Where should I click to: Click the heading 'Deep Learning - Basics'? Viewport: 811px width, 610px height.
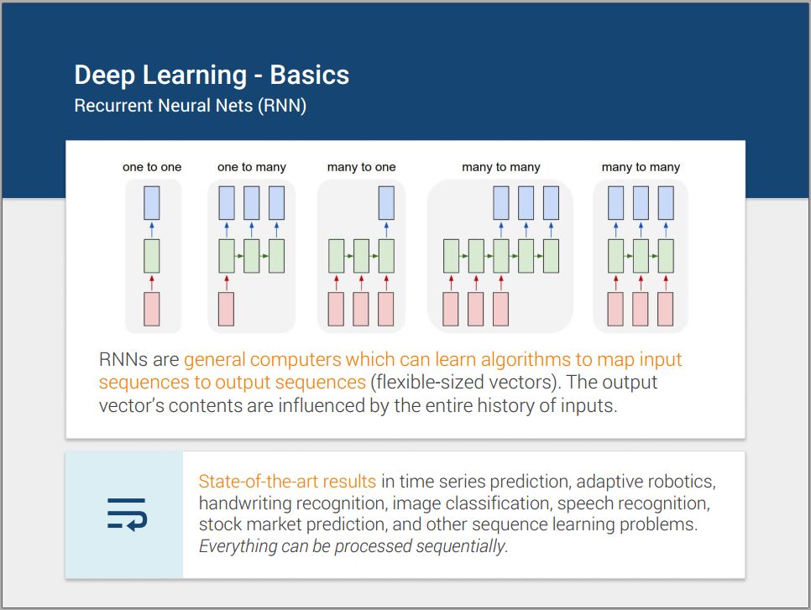pyautogui.click(x=212, y=76)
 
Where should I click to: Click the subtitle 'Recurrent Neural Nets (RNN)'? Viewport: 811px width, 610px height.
pyautogui.click(x=191, y=106)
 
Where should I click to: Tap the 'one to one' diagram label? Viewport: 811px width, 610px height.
pyautogui.click(x=152, y=167)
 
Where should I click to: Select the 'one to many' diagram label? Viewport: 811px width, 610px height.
pyautogui.click(x=251, y=168)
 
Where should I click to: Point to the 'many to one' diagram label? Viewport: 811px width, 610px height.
pyautogui.click(x=361, y=168)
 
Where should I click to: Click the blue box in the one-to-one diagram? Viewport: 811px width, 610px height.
pyautogui.click(x=152, y=203)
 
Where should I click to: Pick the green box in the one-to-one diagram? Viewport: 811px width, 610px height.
pyautogui.click(x=152, y=256)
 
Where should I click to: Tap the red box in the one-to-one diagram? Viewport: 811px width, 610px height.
pyautogui.click(x=152, y=309)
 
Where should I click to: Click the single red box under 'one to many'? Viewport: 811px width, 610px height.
pyautogui.click(x=226, y=309)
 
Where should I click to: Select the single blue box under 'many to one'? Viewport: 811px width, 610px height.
pyautogui.click(x=386, y=203)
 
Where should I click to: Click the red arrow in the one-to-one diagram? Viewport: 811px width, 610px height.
pyautogui.click(x=152, y=283)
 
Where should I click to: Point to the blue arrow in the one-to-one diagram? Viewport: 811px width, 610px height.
pyautogui.click(x=152, y=230)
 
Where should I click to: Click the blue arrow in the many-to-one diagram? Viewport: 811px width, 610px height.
pyautogui.click(x=386, y=230)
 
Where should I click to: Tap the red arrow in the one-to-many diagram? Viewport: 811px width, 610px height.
pyautogui.click(x=227, y=283)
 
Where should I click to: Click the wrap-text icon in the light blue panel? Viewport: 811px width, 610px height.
pyautogui.click(x=128, y=514)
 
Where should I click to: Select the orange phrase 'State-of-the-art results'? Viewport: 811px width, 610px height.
pyautogui.click(x=287, y=482)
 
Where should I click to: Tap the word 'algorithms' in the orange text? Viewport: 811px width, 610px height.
pyautogui.click(x=526, y=360)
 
